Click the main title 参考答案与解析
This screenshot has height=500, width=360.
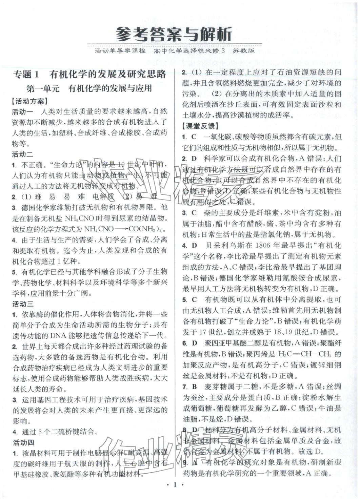[x=174, y=34]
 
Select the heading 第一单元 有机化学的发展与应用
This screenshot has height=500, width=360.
[x=89, y=89]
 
